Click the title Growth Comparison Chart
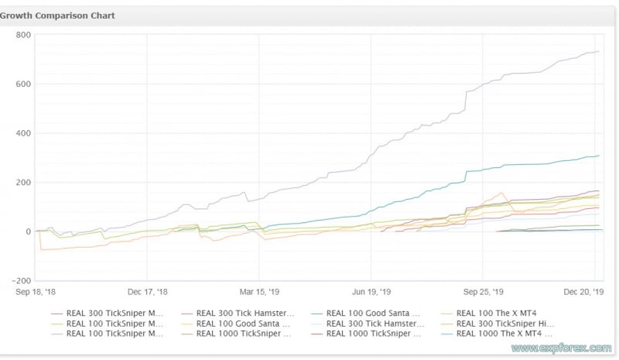58,15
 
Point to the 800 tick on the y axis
22,35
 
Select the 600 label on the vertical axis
22,84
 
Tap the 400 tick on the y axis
22,133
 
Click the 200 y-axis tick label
22,183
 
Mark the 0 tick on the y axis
27,231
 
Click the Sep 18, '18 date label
37,293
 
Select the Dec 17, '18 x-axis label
146,293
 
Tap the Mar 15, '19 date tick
258,293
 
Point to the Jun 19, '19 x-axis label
371,293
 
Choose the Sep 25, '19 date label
482,293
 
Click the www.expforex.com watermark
573,348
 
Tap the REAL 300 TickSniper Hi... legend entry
504,324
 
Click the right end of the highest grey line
599,52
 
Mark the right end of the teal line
599,156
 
